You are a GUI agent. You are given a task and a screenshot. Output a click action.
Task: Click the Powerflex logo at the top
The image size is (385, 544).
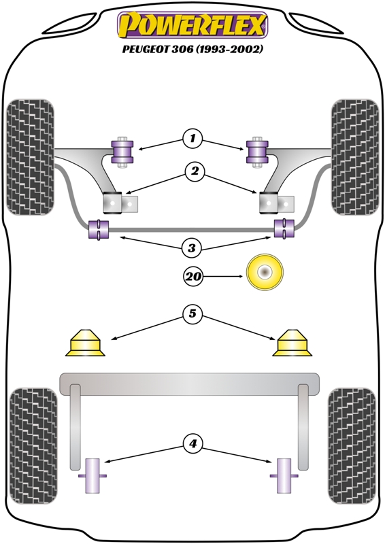click(x=192, y=25)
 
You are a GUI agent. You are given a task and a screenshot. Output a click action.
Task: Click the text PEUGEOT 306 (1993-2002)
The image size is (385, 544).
click(x=192, y=49)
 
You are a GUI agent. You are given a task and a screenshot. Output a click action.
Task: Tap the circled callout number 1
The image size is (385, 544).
click(x=192, y=139)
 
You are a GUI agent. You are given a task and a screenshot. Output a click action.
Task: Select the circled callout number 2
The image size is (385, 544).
click(x=195, y=171)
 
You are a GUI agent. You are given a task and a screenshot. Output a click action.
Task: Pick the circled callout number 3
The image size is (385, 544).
click(x=192, y=248)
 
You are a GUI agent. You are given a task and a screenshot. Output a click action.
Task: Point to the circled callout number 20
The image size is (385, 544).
click(x=193, y=277)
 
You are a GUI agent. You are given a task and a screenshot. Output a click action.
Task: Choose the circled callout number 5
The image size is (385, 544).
click(x=192, y=313)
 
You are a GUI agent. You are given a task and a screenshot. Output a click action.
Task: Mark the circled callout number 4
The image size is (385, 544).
click(x=192, y=443)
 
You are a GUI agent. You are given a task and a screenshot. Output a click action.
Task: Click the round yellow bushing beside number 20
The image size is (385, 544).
click(x=265, y=272)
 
